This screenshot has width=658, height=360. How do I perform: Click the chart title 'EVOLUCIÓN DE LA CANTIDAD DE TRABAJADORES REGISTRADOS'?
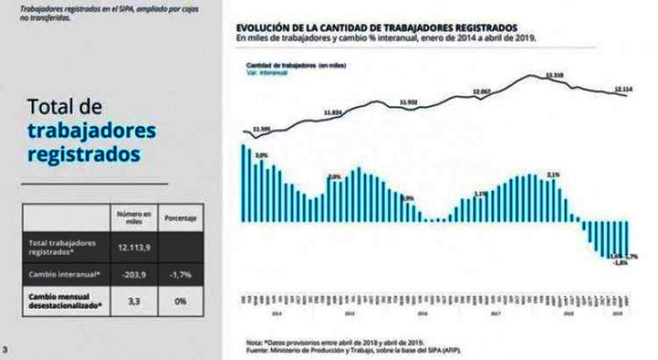coord(376,28)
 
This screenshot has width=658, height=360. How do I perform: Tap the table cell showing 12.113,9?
coord(134,248)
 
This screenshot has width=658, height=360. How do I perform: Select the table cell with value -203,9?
coord(134,275)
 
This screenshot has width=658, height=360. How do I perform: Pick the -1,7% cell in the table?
coord(181,275)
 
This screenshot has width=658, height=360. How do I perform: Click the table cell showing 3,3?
coord(134,301)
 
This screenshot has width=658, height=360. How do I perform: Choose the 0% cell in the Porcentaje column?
coord(181,301)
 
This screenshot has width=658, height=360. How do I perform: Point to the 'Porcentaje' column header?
coord(181,218)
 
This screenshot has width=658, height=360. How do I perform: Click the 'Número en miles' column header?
coord(134,218)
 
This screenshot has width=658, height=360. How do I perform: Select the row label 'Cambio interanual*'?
coord(64,275)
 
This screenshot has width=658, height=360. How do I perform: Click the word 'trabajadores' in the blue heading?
coord(92,131)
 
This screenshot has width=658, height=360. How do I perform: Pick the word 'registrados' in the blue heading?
coord(84,154)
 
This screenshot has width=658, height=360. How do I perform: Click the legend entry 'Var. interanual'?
coord(267,73)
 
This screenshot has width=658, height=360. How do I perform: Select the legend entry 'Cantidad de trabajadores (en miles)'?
coord(296,65)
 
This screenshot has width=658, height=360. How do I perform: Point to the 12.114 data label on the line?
coord(623,89)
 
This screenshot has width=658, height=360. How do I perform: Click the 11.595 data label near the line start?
coord(261,129)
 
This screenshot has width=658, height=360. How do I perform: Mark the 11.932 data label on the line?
coord(409,102)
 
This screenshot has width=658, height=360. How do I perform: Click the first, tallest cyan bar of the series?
coord(244,183)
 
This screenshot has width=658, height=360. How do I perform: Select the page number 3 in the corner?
coord(5,350)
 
